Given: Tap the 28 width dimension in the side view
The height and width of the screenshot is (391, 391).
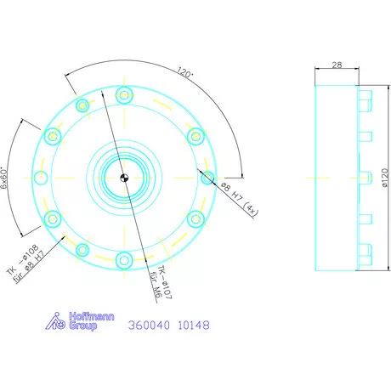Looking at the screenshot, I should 337,65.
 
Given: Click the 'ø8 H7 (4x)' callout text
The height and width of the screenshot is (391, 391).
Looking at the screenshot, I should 231,197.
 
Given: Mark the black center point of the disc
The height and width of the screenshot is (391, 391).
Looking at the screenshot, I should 124,177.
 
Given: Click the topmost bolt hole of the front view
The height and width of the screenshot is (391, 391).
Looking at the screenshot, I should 124,93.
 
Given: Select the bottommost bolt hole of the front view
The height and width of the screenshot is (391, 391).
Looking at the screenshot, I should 124,260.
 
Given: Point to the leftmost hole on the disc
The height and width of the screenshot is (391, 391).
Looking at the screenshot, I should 42,177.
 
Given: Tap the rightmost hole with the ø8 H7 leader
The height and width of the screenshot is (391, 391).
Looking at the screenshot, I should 207,177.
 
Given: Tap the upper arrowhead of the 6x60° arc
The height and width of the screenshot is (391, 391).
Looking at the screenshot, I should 43,127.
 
